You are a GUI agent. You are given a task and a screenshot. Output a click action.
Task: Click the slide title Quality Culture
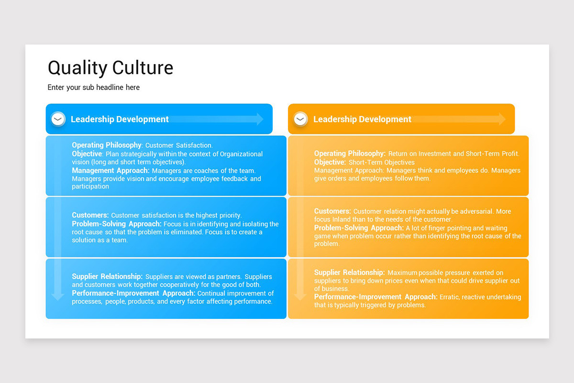[110, 68]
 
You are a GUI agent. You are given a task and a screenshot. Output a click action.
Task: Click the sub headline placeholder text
[94, 87]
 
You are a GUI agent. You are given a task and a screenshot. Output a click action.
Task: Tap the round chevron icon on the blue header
[58, 119]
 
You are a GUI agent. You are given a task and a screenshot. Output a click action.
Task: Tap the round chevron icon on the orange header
[300, 119]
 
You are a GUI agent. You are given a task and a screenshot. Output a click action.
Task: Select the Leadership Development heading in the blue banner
[120, 119]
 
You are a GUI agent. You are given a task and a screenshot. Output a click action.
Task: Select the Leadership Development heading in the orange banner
[362, 119]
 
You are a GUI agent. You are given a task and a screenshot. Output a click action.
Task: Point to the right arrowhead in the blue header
[259, 119]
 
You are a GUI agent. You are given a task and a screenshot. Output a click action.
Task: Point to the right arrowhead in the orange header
[502, 119]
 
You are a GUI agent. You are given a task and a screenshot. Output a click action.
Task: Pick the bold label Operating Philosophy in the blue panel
[107, 145]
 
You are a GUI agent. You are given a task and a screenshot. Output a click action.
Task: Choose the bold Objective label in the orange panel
[330, 162]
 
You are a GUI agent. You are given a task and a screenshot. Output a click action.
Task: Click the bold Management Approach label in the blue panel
[110, 170]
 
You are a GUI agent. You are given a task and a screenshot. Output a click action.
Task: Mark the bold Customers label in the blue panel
[90, 215]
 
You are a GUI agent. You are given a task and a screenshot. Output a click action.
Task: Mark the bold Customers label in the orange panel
[332, 211]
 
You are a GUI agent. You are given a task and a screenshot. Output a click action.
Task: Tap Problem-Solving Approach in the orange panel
[359, 228]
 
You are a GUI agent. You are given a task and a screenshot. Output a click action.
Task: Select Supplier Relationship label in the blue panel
[107, 276]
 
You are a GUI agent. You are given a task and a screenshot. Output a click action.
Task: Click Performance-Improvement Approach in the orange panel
[375, 297]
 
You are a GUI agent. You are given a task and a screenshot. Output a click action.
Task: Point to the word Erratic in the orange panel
[451, 297]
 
